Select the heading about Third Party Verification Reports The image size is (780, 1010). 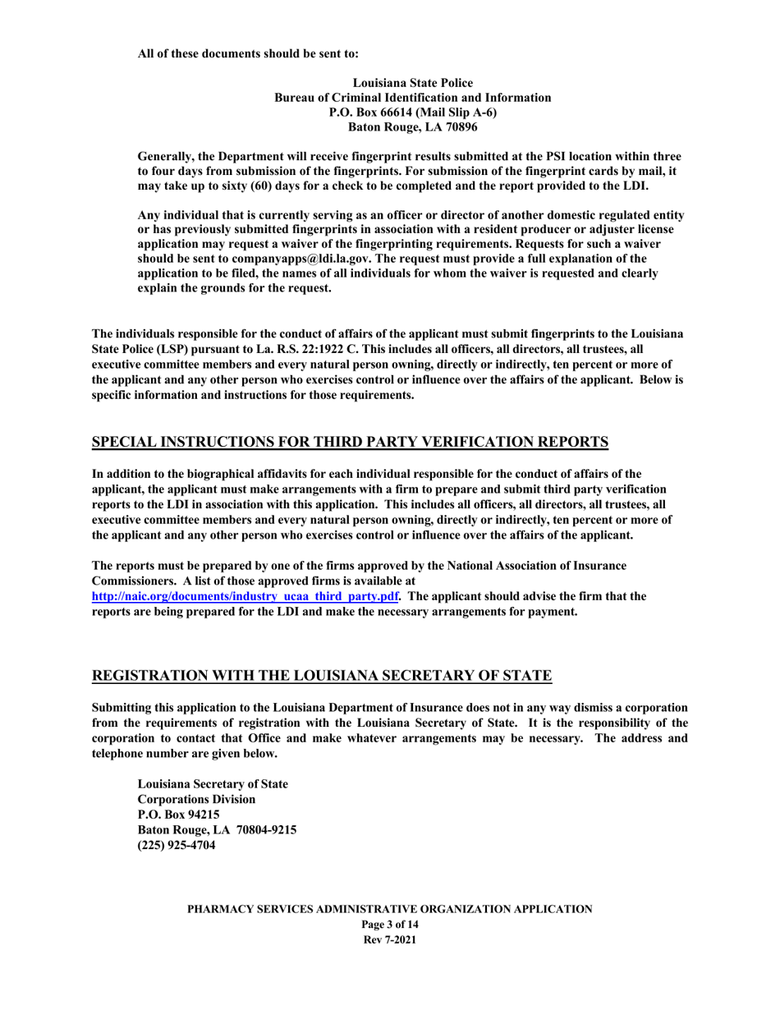coord(350,443)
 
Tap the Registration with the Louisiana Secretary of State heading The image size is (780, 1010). coord(322,677)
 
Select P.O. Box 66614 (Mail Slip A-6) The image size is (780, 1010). coord(411,112)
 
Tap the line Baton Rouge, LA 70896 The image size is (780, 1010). coord(411,127)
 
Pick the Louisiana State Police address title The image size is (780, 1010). coord(411,82)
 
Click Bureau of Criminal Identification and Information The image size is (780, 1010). coord(411,97)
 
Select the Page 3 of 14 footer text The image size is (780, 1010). coord(389,925)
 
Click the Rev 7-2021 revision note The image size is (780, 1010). coord(389,939)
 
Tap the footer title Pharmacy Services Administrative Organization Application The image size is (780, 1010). coord(389,909)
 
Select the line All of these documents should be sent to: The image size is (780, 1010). coord(247,32)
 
